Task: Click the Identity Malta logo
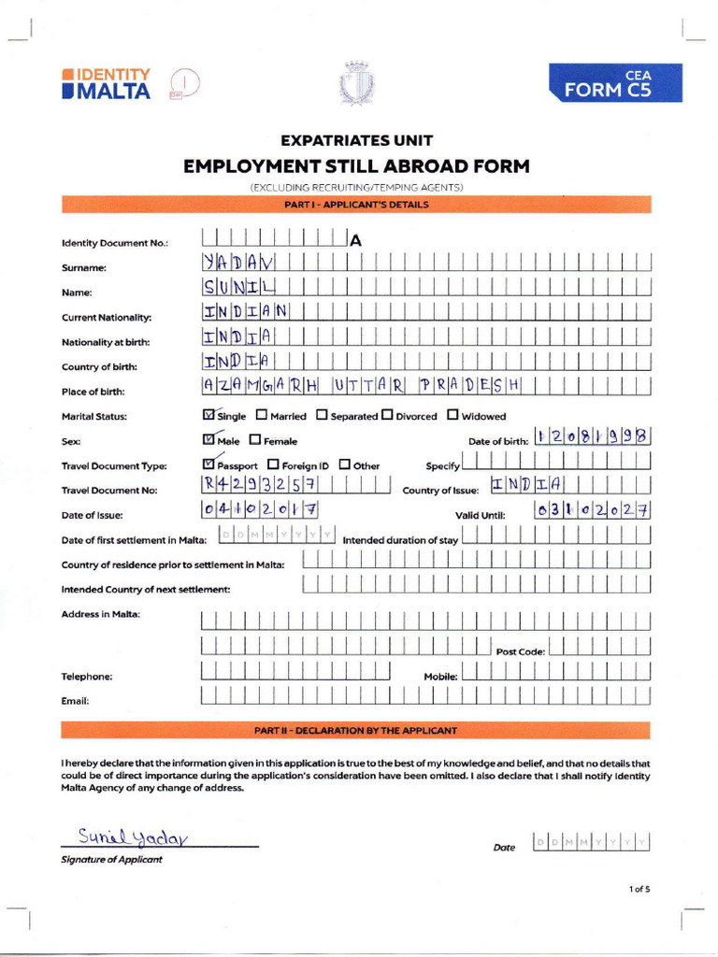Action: (x=106, y=83)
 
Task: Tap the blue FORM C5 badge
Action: (x=615, y=83)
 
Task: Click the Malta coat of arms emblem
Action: (x=355, y=84)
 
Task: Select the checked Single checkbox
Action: (x=208, y=415)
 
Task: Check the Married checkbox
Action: (x=262, y=415)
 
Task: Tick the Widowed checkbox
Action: (x=452, y=415)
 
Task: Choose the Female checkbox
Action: (x=255, y=440)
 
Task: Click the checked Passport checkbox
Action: (x=208, y=464)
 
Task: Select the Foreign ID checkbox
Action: (x=273, y=464)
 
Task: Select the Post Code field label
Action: (x=520, y=651)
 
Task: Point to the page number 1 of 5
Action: (x=639, y=889)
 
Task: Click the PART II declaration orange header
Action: (x=355, y=730)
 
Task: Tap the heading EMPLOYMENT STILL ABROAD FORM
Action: (x=356, y=167)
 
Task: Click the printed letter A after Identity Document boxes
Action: (x=355, y=241)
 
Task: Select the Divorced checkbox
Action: (x=387, y=415)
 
